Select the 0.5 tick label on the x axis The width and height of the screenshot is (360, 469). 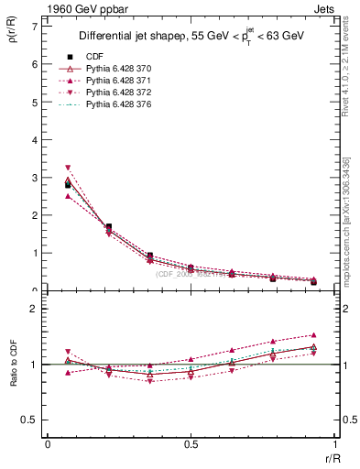click(191, 443)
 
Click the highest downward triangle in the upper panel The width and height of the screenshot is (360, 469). click(68, 168)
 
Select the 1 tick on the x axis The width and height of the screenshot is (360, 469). click(334, 443)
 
